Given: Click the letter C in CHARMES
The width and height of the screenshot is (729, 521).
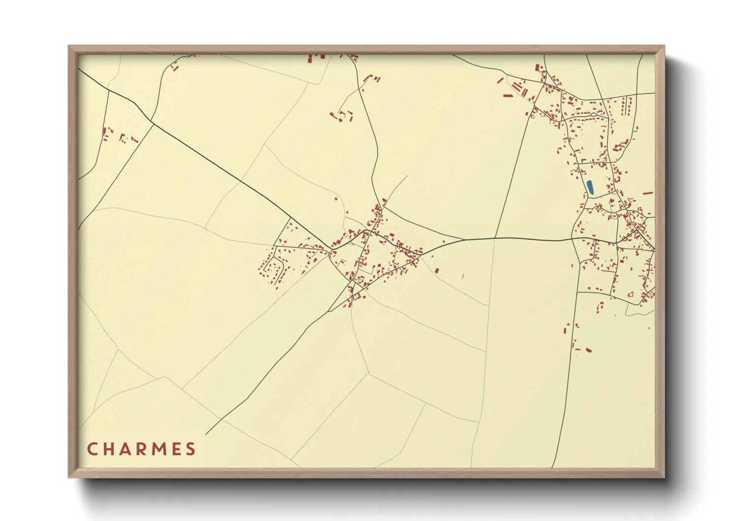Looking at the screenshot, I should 92,449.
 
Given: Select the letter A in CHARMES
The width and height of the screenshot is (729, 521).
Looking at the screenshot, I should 126,449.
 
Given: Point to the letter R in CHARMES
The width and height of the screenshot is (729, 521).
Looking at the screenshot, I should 142,449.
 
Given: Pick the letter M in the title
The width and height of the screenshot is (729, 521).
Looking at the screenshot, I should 160,449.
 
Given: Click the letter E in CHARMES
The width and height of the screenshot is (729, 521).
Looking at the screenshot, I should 176,449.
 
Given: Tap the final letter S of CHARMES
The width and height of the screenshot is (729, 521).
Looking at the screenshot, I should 191,449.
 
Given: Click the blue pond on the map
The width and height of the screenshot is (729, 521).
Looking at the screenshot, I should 590,187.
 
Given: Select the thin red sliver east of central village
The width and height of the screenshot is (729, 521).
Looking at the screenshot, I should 463,276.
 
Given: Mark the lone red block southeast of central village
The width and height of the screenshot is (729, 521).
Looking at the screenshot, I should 437,270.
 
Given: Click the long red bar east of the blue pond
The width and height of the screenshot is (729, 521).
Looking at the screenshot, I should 648,193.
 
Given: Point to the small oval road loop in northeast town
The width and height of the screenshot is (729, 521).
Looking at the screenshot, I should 594,114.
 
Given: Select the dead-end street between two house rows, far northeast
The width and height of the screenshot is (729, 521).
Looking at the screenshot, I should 627,105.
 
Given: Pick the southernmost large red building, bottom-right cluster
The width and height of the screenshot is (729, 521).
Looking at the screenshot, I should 588,351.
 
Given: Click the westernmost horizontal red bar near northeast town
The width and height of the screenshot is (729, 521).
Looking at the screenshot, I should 508,96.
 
